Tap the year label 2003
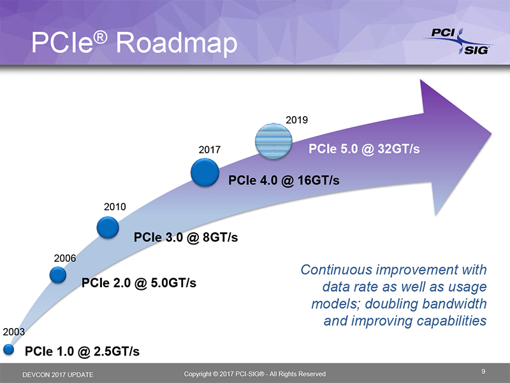[x=15, y=332]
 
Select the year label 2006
[x=65, y=258]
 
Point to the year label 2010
[x=115, y=207]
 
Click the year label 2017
[x=209, y=150]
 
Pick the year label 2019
[x=297, y=119]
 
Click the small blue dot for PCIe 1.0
[x=8, y=349]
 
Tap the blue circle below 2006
[x=58, y=274]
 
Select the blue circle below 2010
[x=108, y=227]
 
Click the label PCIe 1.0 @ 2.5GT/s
[x=82, y=352]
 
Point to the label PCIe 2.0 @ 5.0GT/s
[x=138, y=282]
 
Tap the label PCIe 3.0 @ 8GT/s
[x=186, y=237]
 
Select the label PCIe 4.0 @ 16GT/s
[x=283, y=181]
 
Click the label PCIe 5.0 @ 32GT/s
[x=364, y=149]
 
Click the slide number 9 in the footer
[x=484, y=371]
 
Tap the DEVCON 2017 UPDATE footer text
[x=57, y=374]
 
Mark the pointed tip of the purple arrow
[x=492, y=135]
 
